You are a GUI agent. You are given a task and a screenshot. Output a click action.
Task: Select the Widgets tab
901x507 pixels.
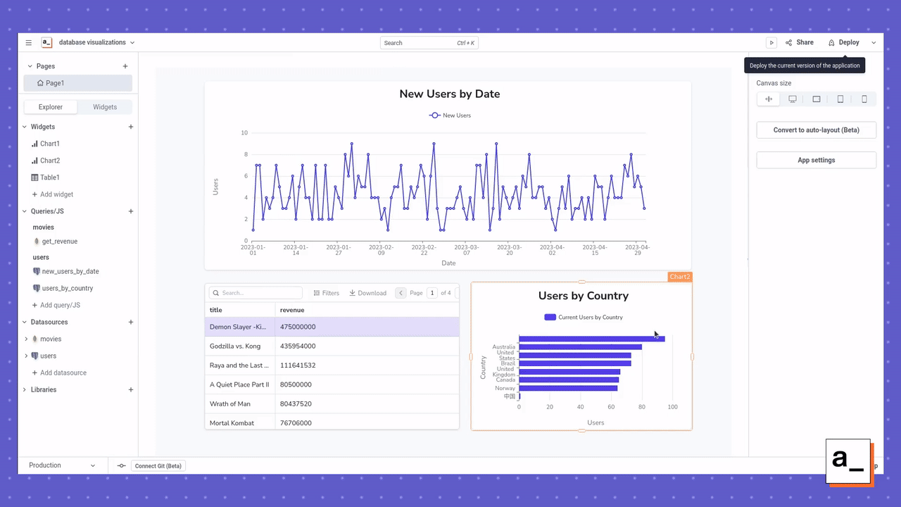pos(105,107)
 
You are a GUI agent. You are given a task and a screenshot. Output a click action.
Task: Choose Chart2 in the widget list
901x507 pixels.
pos(50,161)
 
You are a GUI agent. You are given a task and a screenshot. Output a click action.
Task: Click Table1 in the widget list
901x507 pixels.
pos(49,177)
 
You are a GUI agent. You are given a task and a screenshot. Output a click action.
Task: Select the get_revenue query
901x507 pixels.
pos(60,242)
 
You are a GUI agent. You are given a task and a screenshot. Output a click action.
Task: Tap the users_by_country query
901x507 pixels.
pos(68,288)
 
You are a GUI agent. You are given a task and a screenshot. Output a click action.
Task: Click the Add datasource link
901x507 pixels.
pos(63,373)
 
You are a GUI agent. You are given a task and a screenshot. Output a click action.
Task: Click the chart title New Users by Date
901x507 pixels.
pos(449,94)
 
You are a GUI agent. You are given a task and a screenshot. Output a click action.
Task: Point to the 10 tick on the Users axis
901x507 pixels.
pos(244,133)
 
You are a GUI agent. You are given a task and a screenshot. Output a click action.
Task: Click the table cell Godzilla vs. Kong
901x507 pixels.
pos(235,346)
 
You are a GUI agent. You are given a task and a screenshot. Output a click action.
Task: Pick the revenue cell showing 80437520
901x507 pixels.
pos(296,404)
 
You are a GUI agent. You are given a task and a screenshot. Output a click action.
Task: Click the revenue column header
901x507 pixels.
pos(292,310)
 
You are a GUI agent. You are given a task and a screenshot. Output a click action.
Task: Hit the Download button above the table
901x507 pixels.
pos(368,293)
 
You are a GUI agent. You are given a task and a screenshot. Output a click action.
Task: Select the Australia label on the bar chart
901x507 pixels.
pos(504,347)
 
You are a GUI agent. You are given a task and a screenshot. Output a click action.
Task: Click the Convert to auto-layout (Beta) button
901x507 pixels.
pos(816,130)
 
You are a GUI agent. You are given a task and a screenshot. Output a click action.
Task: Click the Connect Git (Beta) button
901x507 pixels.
pos(158,466)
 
